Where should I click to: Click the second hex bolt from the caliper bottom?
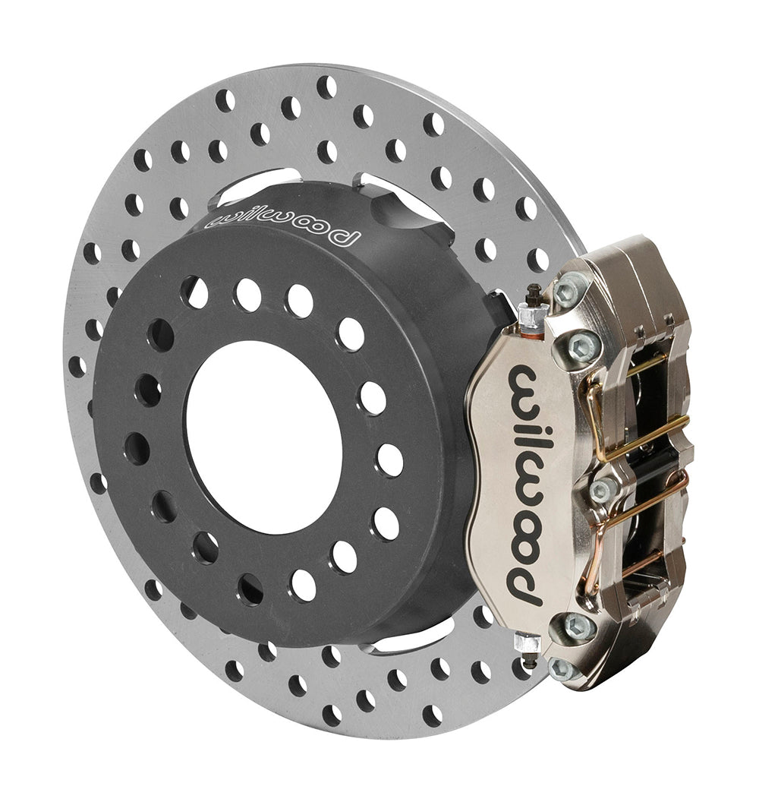click(578, 627)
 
